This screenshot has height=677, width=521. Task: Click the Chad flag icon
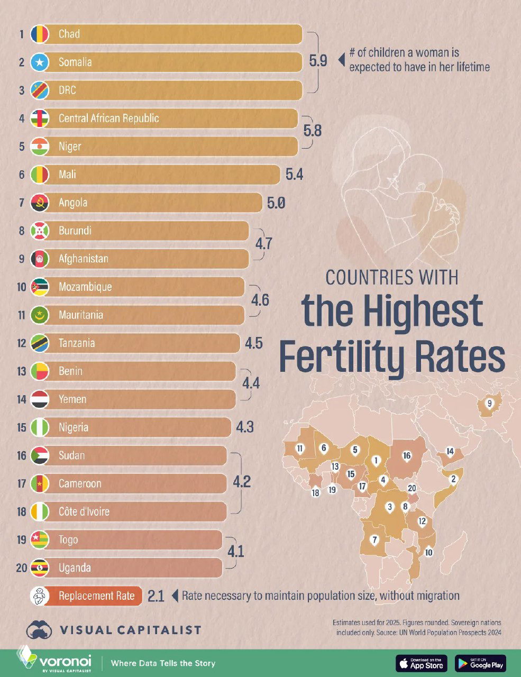40,34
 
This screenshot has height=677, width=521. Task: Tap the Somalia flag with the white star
40,62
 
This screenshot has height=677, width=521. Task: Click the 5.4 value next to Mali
294,175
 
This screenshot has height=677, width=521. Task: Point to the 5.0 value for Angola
276,203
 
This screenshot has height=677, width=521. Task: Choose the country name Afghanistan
84,259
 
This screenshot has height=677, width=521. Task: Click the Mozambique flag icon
40,287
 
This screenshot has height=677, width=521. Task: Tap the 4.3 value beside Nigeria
245,427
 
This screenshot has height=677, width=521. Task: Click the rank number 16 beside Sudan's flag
22,455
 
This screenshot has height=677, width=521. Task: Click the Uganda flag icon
40,568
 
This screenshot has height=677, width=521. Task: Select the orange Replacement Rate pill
95,596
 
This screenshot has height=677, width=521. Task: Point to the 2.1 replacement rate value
156,596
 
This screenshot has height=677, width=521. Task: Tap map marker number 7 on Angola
374,540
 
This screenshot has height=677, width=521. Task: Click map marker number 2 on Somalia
453,479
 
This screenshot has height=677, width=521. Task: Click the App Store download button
422,663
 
